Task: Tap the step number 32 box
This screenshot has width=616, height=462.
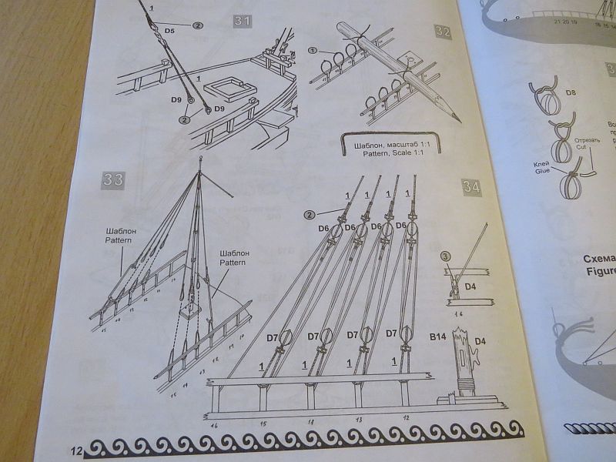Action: (x=442, y=32)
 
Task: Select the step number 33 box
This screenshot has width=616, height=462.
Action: (x=112, y=180)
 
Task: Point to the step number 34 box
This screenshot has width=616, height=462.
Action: (x=472, y=186)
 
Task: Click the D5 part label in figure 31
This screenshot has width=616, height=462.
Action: (x=171, y=32)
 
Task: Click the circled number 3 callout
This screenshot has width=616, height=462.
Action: (x=446, y=257)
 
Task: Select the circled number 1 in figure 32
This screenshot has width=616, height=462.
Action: (x=313, y=52)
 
